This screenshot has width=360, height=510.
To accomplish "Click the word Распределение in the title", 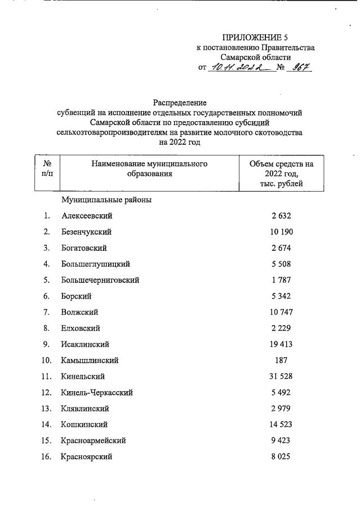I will (x=180, y=103).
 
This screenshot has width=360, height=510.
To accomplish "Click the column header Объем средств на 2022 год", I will (x=282, y=174).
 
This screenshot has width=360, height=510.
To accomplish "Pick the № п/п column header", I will (x=47, y=168).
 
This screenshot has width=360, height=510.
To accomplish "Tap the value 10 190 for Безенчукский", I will (x=282, y=232).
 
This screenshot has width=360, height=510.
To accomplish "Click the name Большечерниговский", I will (x=100, y=280).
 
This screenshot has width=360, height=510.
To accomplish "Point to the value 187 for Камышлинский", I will (x=282, y=360).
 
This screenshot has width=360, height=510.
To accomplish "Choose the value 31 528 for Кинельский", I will (x=282, y=376).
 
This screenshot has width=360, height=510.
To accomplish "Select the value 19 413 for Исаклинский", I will (x=282, y=344).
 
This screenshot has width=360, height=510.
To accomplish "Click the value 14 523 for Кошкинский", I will (x=282, y=424).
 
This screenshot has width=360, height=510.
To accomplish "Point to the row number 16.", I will (x=46, y=456).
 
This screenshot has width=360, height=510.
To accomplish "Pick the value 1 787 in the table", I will (x=282, y=280).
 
